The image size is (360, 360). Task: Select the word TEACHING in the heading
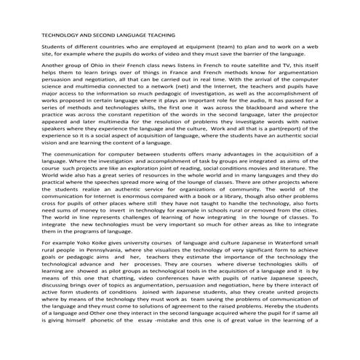pyautogui.click(x=157, y=34)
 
